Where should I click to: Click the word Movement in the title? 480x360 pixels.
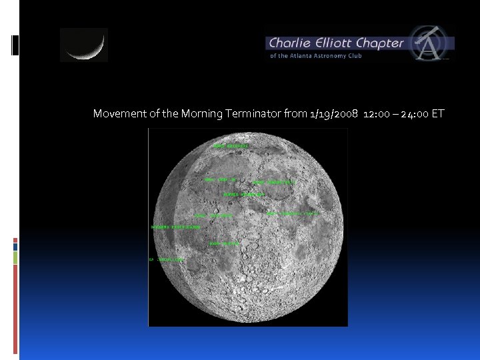(118, 114)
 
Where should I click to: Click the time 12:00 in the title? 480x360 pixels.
(378, 114)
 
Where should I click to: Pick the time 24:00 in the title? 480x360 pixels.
(415, 114)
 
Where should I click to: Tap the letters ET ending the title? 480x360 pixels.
(437, 114)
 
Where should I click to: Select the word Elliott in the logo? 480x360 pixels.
(332, 43)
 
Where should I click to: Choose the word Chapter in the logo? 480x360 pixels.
(380, 43)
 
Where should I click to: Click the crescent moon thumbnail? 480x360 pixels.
(83, 45)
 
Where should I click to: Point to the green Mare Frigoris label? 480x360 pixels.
(231, 145)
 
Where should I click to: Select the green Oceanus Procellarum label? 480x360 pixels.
(176, 227)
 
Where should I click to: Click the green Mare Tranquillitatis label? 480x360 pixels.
(292, 214)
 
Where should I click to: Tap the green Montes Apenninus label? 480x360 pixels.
(244, 195)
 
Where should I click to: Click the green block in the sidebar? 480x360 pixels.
(15, 257)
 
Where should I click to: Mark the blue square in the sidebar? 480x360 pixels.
(15, 247)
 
